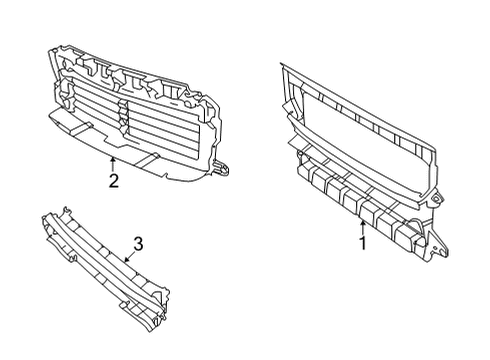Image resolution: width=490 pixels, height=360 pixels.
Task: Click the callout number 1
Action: point(362,241)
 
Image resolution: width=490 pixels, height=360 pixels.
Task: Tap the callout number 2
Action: point(114,181)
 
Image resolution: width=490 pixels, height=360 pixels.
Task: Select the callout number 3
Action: point(139,242)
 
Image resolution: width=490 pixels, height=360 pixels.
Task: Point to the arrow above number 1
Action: point(362,226)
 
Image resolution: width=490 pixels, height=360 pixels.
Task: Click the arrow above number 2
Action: point(114,162)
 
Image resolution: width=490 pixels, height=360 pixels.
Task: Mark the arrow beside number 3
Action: point(126,257)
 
